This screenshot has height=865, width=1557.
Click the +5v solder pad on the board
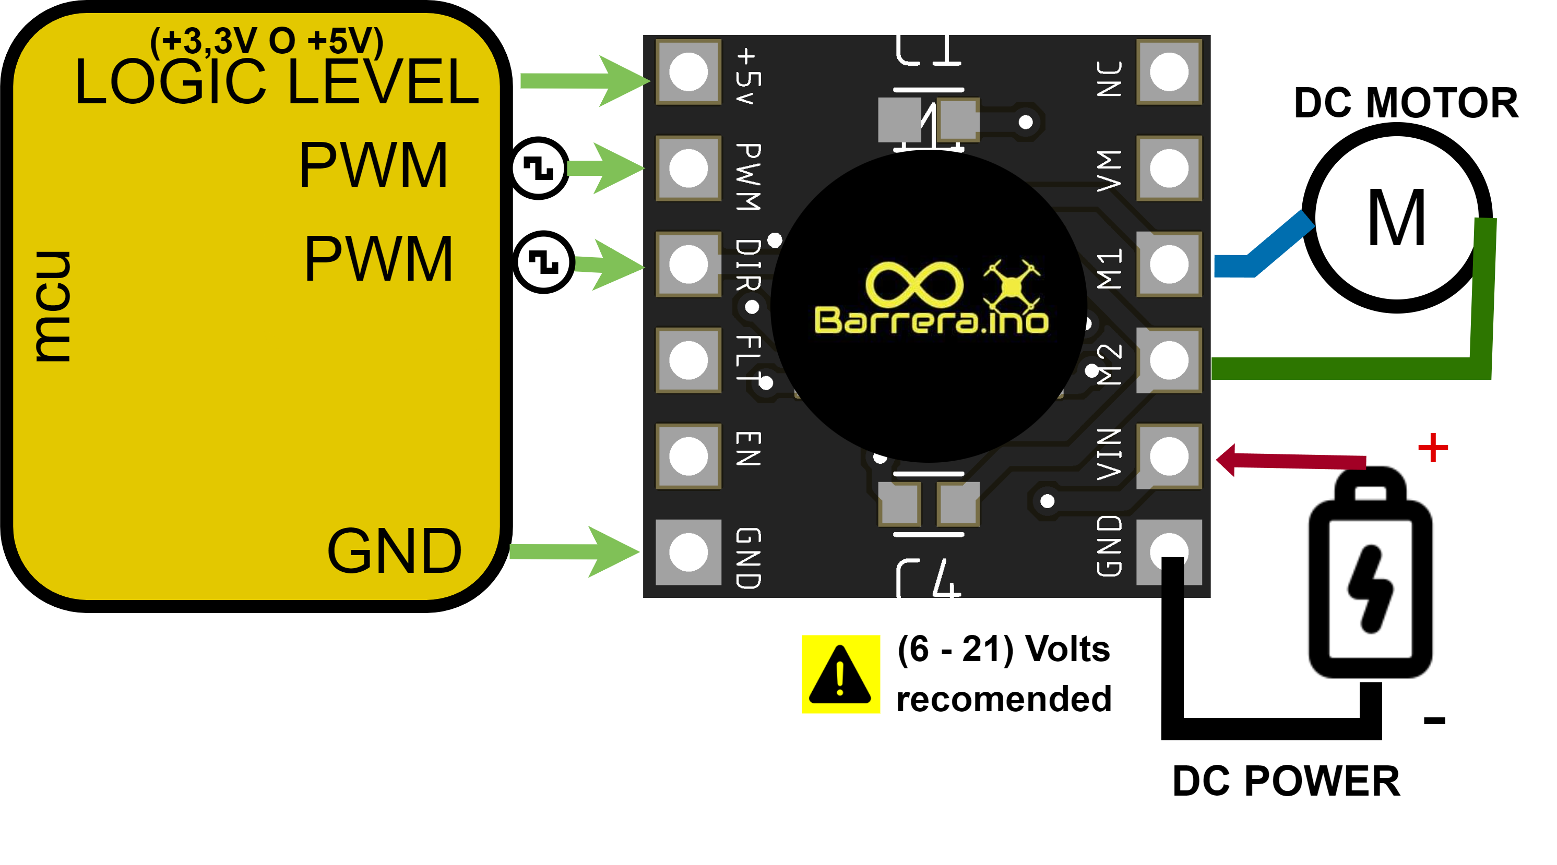(688, 73)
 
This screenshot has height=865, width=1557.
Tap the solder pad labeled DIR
(688, 265)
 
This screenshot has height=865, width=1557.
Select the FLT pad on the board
(688, 361)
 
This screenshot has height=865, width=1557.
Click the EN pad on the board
(688, 456)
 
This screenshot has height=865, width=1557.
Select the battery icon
(1370, 574)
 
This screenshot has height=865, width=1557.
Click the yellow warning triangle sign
(840, 675)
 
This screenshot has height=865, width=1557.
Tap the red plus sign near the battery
(1432, 448)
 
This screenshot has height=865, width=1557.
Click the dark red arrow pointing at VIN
(1288, 460)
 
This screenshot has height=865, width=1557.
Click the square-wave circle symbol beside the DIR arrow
(543, 262)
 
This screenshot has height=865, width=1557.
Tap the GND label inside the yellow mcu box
(394, 551)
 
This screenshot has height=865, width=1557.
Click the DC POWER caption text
(1286, 781)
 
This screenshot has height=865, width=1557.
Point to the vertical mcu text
(53, 306)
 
